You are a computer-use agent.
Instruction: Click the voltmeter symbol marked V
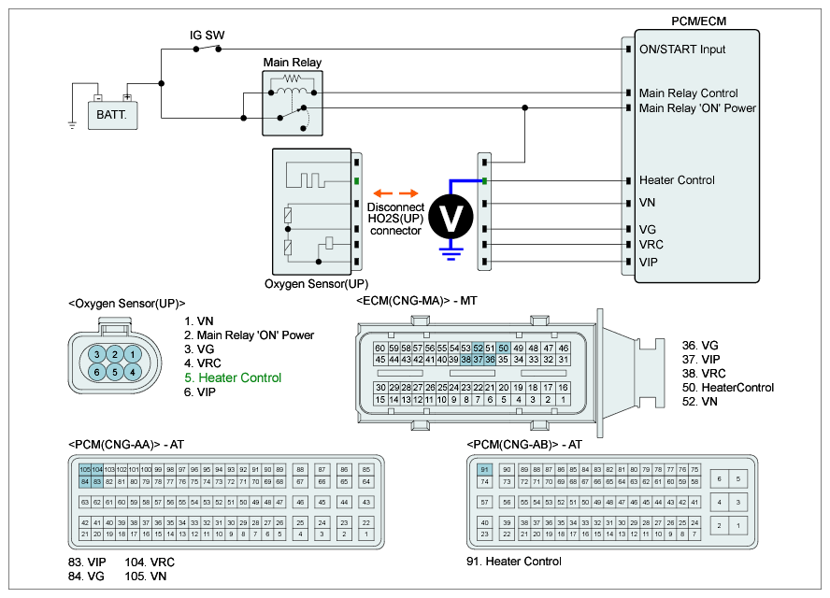tap(452, 217)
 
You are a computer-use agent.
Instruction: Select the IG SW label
tap(207, 36)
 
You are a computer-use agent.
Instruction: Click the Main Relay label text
tap(292, 63)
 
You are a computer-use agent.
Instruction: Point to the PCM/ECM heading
tap(698, 21)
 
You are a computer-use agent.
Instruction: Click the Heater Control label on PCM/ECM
tap(677, 180)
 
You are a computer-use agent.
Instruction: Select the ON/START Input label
tap(681, 50)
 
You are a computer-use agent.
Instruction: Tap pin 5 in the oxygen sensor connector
tap(114, 372)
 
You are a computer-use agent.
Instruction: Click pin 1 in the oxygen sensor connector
tap(134, 354)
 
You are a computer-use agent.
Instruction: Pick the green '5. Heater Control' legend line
tap(233, 378)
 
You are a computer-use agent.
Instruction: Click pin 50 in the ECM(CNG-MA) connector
tap(503, 348)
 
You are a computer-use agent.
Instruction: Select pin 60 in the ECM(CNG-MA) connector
tap(379, 348)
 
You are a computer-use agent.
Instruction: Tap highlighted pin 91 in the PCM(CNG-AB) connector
tap(484, 469)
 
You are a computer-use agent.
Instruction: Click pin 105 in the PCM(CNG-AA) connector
tap(85, 468)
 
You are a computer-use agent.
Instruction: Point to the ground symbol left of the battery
tap(72, 123)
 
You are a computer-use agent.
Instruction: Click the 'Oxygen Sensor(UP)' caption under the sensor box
tap(317, 284)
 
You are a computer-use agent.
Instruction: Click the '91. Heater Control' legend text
tap(513, 562)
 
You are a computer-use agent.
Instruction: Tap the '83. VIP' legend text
tap(86, 562)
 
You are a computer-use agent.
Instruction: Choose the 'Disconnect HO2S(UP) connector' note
tap(395, 219)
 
